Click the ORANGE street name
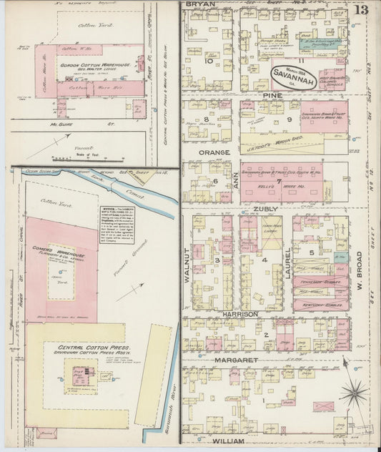coord(214,152)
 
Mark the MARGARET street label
coord(234,360)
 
